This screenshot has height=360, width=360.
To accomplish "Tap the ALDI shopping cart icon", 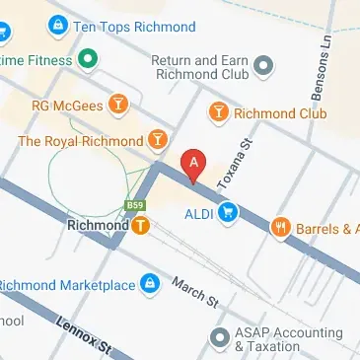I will [x=229, y=210].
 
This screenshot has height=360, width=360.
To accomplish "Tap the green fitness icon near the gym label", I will [x=88, y=60].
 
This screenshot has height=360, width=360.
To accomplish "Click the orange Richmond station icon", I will [x=142, y=225].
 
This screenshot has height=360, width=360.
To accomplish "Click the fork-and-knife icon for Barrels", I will [x=281, y=229].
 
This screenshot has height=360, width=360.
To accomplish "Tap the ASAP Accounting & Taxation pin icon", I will [x=223, y=340].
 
